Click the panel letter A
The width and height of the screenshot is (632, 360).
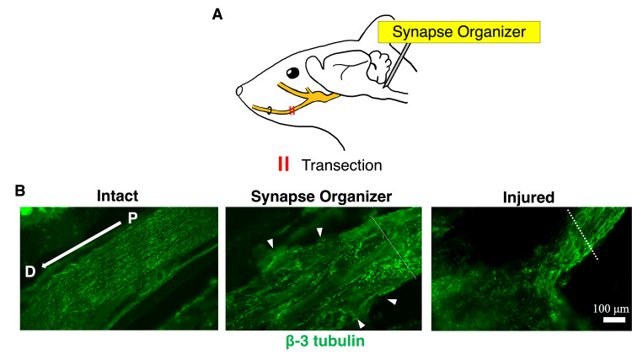click(x=217, y=15)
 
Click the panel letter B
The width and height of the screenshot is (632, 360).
click(x=19, y=191)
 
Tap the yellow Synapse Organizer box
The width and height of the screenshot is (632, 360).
click(x=458, y=32)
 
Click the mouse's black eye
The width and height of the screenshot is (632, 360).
click(x=293, y=73)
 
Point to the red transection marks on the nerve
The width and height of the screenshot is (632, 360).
click(x=292, y=110)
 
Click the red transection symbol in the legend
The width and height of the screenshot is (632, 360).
click(x=283, y=164)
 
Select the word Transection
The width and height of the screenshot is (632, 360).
click(x=342, y=165)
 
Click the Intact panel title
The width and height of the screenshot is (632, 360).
click(x=117, y=196)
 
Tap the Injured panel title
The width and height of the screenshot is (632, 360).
click(x=528, y=197)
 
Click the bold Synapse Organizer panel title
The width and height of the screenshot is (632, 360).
click(x=321, y=196)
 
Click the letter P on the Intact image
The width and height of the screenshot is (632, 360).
click(x=132, y=218)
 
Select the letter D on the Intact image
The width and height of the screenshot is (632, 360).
click(x=30, y=271)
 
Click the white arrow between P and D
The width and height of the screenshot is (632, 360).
click(x=82, y=244)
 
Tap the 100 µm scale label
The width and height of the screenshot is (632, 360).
click(x=611, y=309)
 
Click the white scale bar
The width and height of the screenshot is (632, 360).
click(x=613, y=320)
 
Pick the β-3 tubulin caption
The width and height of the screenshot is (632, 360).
click(x=325, y=341)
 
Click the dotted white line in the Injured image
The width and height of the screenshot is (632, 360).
click(x=582, y=234)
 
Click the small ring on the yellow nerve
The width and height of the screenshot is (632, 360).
click(x=270, y=110)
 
